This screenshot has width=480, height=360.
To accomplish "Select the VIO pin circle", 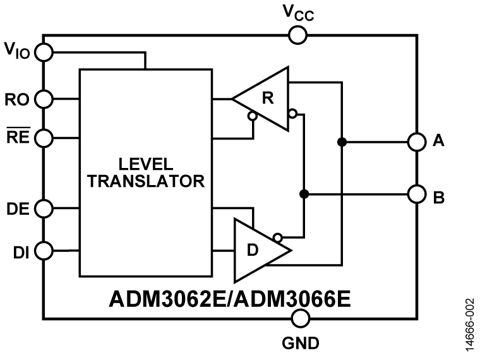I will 44,52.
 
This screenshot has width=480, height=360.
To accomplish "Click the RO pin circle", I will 44,99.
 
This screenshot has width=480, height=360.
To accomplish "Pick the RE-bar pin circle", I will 44,136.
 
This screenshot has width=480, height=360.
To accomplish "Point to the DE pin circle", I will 44,208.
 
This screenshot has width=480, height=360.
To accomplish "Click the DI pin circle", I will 44,251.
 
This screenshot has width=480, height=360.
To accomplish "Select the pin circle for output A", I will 416,142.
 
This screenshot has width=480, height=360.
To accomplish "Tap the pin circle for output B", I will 416,194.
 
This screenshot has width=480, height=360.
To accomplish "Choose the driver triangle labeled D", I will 256,251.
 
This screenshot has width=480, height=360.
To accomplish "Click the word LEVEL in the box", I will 145,164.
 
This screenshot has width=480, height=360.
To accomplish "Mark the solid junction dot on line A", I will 342,142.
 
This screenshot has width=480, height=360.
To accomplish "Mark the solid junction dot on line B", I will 304,194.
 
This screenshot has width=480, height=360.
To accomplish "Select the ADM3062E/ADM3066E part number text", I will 230,298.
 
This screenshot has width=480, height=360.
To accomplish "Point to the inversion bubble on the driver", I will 277,237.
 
